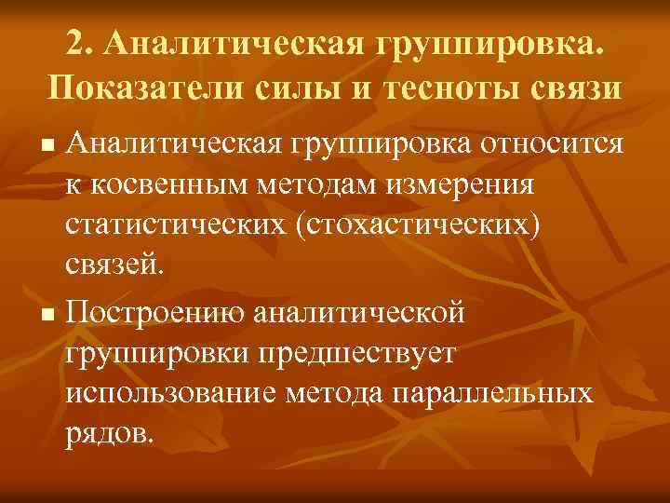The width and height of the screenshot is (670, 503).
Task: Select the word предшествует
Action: [x=369, y=351]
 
